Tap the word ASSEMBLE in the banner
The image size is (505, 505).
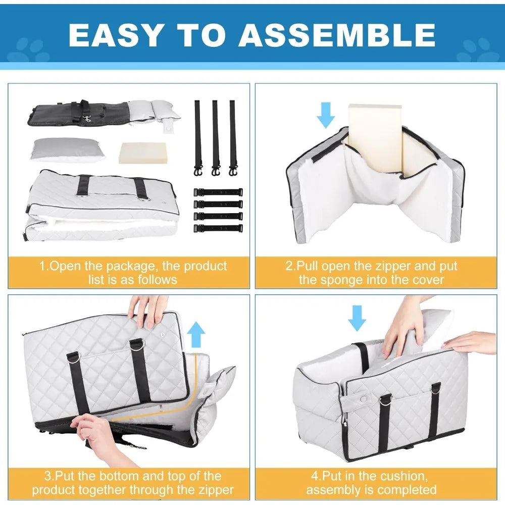pos(337,35)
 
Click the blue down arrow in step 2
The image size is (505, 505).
pos(326,115)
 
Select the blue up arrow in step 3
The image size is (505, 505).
pos(196,335)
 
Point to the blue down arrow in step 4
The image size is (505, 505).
pos(357,318)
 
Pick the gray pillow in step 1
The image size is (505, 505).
pos(68,150)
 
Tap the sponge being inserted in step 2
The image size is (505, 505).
pos(375,138)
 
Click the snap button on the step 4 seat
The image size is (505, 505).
pos(363,399)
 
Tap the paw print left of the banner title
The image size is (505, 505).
pos(28,50)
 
